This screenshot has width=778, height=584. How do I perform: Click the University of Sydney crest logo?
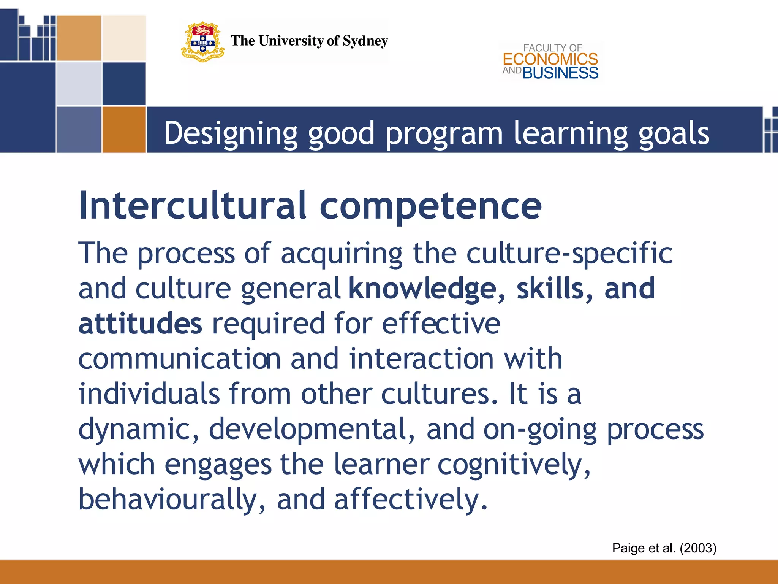click(x=202, y=42)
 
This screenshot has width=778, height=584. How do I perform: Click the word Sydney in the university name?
click(x=365, y=41)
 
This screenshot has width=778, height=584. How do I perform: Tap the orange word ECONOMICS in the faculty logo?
click(x=550, y=59)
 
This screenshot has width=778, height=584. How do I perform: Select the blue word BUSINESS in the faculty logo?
click(x=560, y=73)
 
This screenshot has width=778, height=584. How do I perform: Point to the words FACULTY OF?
click(x=552, y=48)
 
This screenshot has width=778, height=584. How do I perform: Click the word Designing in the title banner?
click(x=231, y=133)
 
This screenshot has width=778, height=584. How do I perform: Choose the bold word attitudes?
click(x=140, y=324)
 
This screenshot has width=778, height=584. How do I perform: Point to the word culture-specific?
click(x=569, y=254)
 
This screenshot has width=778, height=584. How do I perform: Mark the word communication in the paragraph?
click(x=179, y=359)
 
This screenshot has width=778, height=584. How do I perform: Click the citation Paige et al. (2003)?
click(x=664, y=548)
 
